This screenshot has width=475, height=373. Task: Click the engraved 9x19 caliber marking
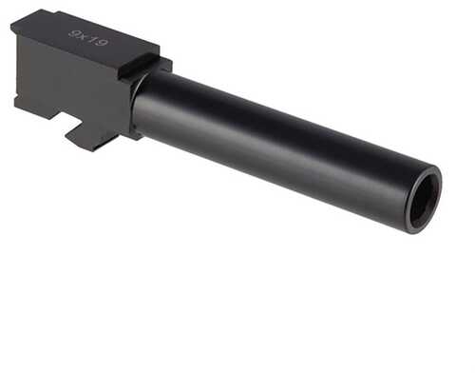tap(88, 38)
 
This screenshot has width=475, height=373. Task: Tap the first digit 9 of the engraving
tap(74, 33)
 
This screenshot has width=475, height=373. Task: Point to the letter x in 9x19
tap(83, 36)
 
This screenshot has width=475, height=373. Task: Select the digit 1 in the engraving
tap(91, 39)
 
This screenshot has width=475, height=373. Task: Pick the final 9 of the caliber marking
tap(102, 42)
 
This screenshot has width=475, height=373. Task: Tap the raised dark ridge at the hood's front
tap(139, 66)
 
